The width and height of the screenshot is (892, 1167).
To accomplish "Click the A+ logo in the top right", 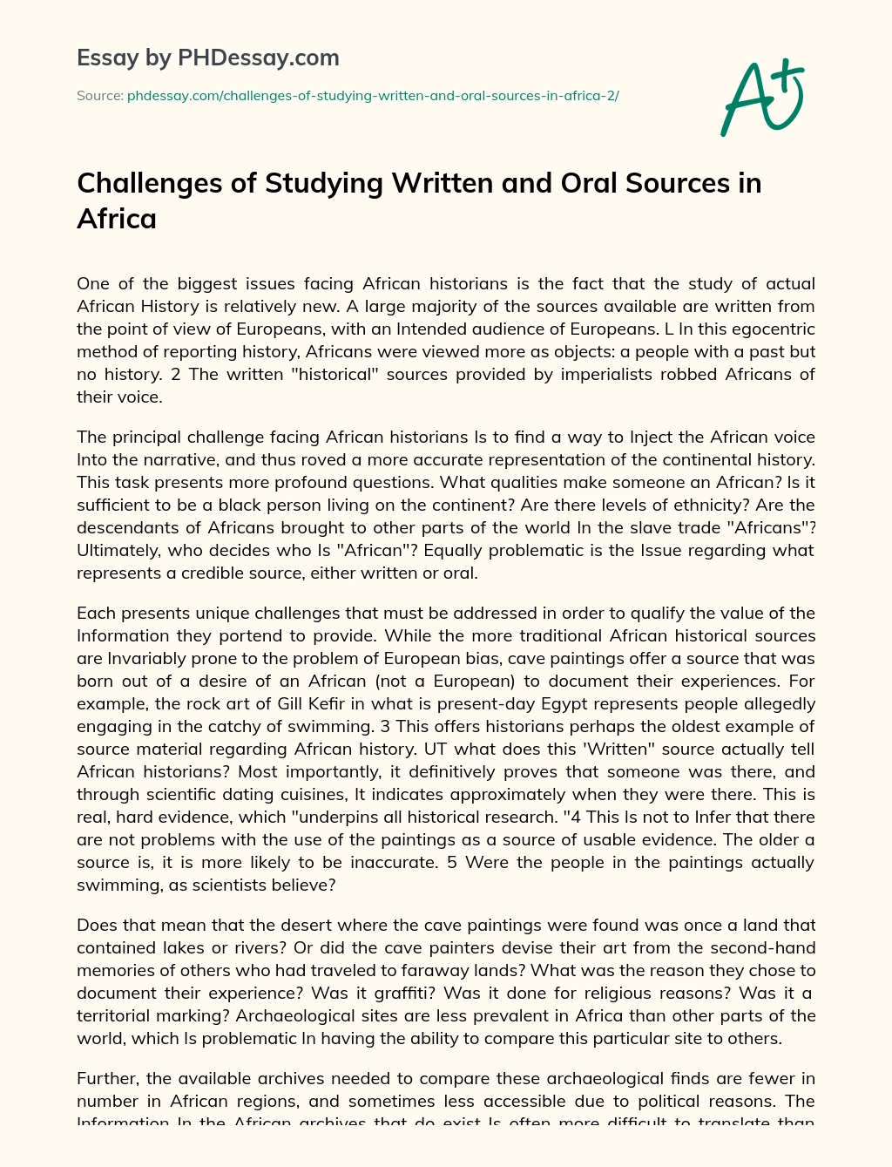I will point(761,98).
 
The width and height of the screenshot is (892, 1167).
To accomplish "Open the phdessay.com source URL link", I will point(373,96).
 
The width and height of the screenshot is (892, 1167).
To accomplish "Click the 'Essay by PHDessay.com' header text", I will point(207,58).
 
